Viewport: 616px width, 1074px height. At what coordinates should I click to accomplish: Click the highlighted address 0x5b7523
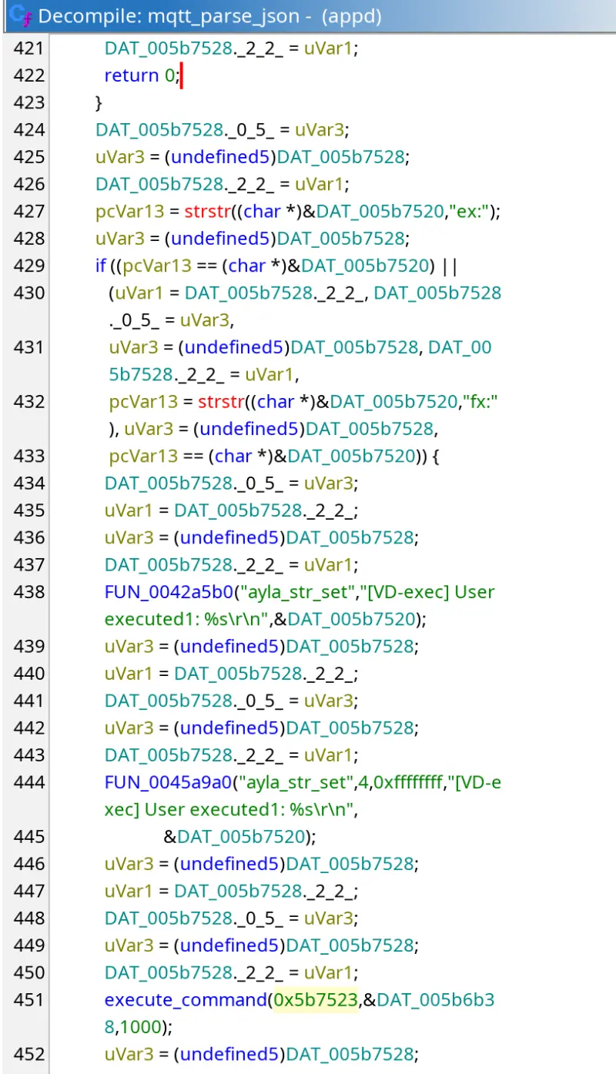316,999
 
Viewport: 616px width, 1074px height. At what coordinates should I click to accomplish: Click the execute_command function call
186,1000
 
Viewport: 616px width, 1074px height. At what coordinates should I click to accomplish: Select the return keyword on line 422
132,75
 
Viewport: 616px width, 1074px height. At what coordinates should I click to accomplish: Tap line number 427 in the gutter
29,212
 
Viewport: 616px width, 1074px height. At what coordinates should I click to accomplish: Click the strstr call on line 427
207,212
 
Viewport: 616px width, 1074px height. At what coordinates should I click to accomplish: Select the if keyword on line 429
100,265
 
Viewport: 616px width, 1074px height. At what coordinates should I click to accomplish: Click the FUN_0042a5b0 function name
169,592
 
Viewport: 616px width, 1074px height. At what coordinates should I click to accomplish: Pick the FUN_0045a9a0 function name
169,782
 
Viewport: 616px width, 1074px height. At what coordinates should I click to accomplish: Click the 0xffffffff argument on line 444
408,782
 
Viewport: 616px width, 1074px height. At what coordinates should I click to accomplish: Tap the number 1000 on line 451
140,1027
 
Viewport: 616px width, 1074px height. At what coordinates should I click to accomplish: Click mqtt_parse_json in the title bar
223,16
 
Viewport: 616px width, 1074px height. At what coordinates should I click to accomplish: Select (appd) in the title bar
351,16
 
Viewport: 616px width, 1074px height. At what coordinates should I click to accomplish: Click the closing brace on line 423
99,102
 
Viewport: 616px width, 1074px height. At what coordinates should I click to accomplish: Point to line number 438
29,592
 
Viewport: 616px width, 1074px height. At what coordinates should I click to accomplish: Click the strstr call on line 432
221,402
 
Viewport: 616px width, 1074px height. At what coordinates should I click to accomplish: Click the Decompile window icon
20,15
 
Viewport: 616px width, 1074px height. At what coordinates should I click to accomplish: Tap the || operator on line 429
450,266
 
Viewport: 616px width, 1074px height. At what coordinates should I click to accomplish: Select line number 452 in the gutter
29,1054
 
